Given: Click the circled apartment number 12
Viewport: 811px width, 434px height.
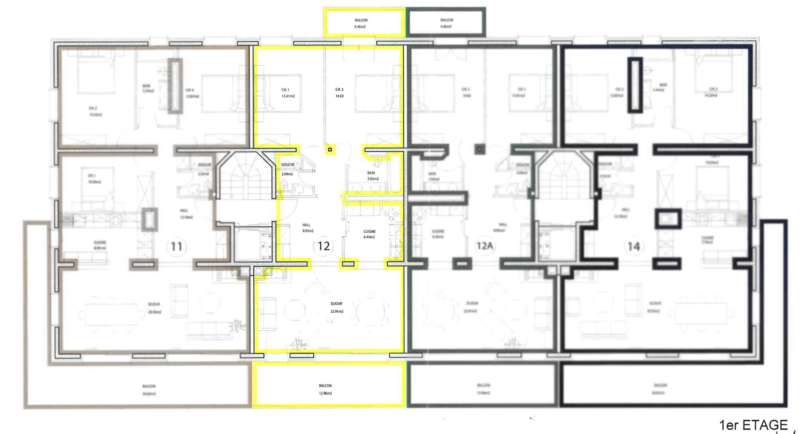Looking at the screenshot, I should [x=324, y=246].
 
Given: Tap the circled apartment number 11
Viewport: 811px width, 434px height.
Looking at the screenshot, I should [x=176, y=246].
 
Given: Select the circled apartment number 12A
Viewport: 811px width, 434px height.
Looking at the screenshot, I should [x=485, y=246].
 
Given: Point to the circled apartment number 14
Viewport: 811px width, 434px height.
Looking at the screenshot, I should [x=634, y=246].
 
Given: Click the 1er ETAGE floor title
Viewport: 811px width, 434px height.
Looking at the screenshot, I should [x=753, y=425].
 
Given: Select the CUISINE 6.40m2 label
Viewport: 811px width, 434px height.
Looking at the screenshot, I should [x=369, y=234].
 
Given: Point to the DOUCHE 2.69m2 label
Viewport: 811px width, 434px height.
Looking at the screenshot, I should [x=287, y=169].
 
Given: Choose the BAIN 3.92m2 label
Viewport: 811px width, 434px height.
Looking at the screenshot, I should [x=372, y=176].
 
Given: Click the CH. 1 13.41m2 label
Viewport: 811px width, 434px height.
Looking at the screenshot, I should [x=287, y=93].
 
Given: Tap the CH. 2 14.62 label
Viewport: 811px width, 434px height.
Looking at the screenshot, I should [x=339, y=93].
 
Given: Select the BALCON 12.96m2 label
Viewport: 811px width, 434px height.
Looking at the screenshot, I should [x=325, y=389].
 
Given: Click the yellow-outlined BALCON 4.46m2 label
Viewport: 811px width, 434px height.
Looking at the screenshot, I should [x=361, y=23].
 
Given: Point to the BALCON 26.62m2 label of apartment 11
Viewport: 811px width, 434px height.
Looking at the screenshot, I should [x=149, y=390].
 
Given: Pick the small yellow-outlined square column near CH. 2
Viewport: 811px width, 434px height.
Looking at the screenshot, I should [x=330, y=150].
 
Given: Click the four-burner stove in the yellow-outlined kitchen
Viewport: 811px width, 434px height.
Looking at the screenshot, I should [x=391, y=214].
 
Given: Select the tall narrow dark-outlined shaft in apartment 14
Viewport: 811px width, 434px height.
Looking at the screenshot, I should [x=635, y=85].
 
